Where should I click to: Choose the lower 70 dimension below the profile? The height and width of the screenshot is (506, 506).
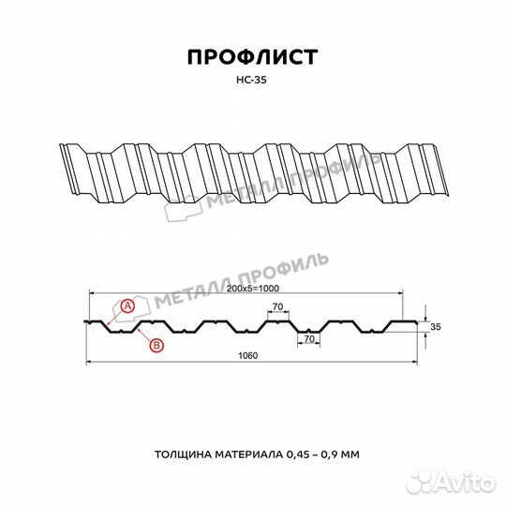308,338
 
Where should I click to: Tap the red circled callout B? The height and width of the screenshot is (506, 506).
156,346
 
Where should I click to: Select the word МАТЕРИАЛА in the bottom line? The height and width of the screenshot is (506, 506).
251,454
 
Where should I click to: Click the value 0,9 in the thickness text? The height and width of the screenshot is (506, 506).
334,454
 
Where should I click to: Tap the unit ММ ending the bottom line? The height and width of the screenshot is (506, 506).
353,454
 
